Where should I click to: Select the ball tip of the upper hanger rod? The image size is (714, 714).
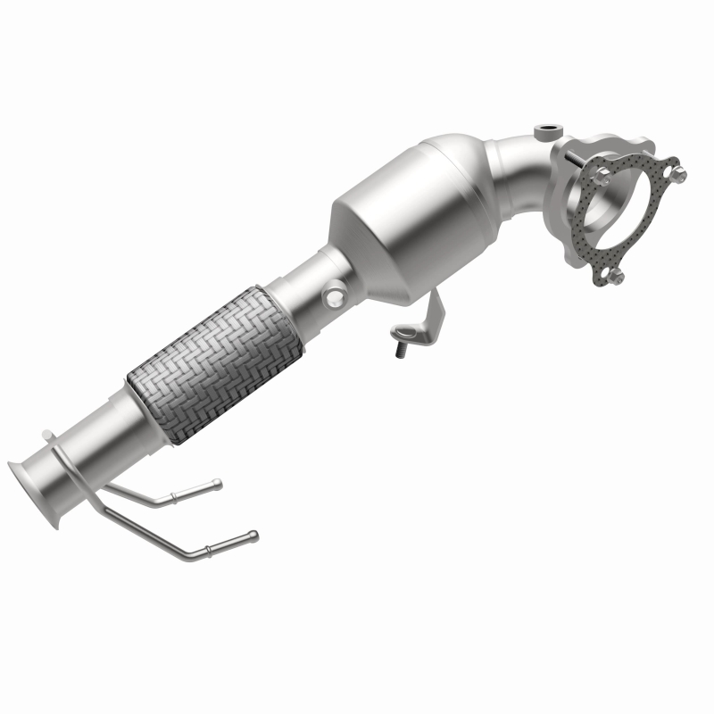(x=217, y=485)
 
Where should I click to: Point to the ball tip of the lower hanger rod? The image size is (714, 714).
(x=253, y=535)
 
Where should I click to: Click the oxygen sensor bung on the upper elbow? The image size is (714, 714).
(x=544, y=133)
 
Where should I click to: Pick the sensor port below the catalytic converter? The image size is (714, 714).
(x=335, y=292)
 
